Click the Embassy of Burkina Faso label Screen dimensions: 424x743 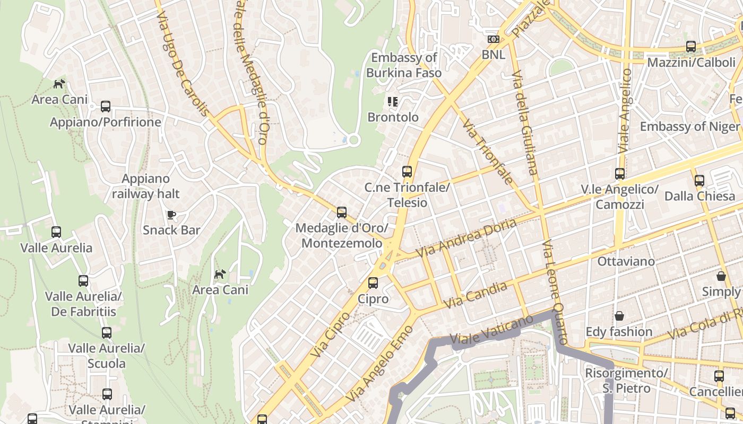404,65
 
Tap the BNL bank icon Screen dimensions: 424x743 494,39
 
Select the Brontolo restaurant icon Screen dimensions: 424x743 393,102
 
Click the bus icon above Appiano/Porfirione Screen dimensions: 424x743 106,107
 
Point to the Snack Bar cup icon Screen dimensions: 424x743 171,215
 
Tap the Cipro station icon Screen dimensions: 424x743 373,283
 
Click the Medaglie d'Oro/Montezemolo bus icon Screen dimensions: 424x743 342,213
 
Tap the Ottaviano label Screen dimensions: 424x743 626,261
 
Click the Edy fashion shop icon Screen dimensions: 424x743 619,316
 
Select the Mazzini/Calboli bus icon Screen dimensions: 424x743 690,47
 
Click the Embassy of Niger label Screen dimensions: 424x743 689,127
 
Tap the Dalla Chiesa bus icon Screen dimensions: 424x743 699,181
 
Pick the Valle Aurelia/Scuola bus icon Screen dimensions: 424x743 107,333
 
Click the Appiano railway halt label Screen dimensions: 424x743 145,186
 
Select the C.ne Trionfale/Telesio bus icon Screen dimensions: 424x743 407,172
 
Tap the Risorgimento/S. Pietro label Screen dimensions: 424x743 626,381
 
